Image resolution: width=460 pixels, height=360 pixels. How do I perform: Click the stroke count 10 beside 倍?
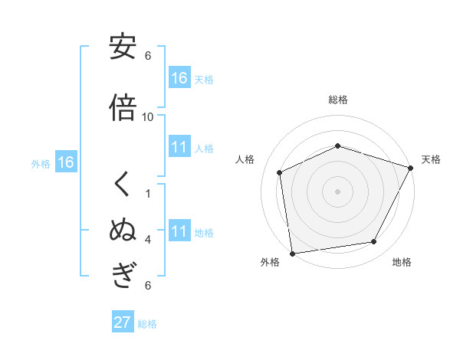148,116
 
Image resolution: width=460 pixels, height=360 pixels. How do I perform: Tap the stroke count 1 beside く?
148,193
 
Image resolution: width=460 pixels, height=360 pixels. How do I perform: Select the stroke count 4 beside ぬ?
148,240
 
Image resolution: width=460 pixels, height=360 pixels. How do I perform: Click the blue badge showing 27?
123,322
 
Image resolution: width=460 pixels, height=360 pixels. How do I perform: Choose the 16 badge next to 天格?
179,78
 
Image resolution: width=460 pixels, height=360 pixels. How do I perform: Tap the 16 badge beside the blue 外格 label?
66,162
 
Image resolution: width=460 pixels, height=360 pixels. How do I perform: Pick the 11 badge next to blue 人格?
179,148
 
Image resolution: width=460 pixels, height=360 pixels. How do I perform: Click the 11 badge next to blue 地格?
179,232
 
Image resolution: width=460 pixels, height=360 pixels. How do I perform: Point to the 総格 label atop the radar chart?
338,100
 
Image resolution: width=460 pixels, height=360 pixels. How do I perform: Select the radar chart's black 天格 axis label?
431,159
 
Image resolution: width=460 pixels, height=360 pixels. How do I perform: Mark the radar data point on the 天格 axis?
411,168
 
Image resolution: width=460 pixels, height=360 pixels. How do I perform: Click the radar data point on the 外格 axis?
292,253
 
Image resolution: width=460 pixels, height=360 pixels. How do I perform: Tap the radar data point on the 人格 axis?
280,172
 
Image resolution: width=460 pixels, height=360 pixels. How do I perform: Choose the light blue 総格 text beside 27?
147,324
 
